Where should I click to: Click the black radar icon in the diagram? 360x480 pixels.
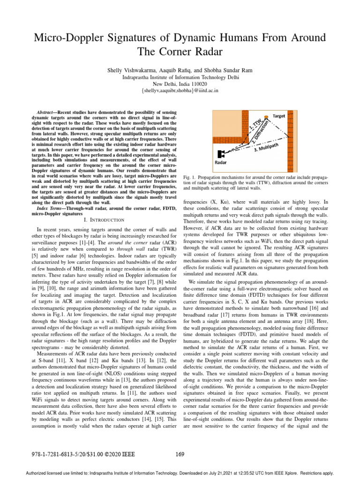pos(221,154)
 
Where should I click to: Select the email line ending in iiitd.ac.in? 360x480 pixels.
pos(180,90)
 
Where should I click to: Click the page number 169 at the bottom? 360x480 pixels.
pos(180,453)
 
